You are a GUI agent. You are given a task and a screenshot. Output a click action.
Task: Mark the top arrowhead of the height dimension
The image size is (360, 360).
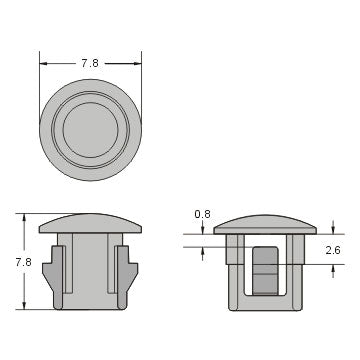click(24, 215)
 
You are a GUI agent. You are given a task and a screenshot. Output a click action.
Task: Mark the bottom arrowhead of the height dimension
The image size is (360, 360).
click(24, 306)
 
